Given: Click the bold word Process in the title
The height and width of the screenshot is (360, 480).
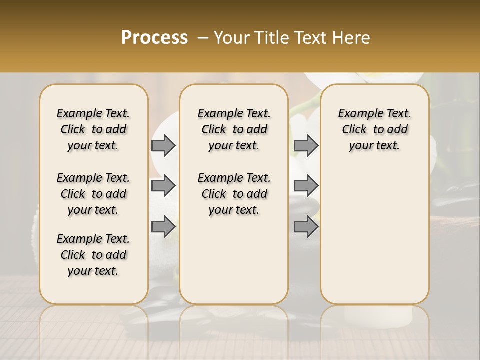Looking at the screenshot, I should tap(154, 38).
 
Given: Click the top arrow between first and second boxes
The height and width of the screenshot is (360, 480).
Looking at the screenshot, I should tap(163, 146).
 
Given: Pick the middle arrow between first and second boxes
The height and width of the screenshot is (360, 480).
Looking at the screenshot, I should tap(163, 186).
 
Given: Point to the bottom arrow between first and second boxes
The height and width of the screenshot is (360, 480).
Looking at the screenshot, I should tap(163, 226).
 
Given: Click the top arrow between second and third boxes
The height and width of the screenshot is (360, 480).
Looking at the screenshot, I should tap(306, 146).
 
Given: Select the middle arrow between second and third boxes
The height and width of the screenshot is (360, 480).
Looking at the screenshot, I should tap(306, 186).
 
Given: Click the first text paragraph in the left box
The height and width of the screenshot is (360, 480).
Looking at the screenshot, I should tap(93, 129).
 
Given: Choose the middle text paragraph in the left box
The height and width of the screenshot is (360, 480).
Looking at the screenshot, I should tap(93, 194).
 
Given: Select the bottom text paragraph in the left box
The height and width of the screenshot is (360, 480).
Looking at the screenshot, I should tap(93, 255).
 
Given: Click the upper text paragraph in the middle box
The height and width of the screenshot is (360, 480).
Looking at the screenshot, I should tap(234, 129).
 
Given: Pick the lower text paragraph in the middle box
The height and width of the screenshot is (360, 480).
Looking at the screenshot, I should tap(234, 194).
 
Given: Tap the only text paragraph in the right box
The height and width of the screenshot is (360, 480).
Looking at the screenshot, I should tap(374, 129).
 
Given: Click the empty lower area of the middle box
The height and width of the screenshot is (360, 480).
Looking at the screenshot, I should tap(234, 260).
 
